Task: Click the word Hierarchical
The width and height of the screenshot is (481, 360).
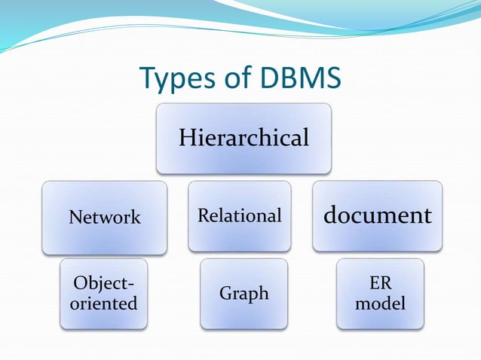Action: point(244,138)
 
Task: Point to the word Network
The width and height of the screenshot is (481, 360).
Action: point(105,218)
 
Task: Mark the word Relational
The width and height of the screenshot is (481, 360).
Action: point(239,216)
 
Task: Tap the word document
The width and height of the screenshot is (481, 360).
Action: point(377,215)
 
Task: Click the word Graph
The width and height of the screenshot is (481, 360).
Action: point(244,294)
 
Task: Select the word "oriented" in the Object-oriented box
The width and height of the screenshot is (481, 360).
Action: point(105,304)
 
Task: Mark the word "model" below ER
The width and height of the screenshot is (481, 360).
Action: point(381,304)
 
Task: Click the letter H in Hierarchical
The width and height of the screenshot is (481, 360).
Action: point(185,138)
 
